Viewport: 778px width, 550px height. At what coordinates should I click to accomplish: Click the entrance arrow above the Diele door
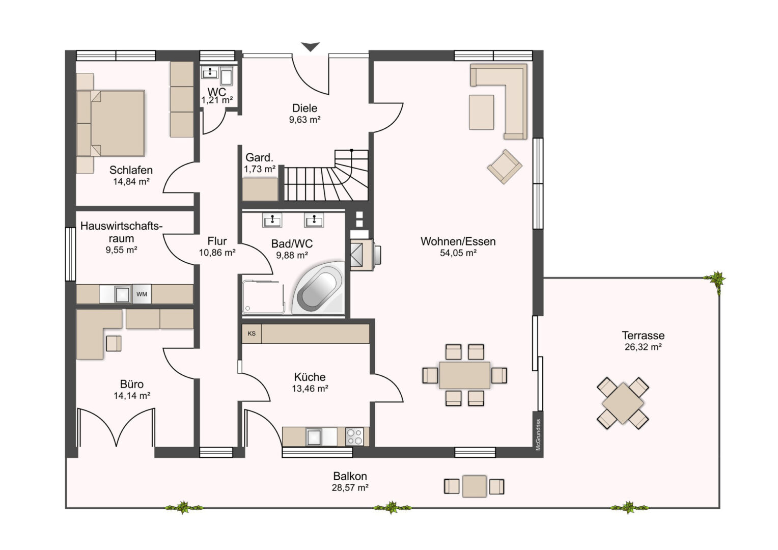[x=310, y=46]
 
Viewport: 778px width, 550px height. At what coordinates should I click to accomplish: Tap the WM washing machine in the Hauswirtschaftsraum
[x=142, y=294]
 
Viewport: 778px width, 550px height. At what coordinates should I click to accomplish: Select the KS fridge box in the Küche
[x=252, y=334]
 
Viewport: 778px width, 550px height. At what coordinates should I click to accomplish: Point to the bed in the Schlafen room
[x=110, y=123]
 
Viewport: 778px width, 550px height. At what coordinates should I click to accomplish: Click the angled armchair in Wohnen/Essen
[x=505, y=167]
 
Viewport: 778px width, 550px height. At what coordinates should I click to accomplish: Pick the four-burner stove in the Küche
[x=354, y=437]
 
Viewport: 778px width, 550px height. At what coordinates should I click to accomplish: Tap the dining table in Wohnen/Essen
[x=465, y=375]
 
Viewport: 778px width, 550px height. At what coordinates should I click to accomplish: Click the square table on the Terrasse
[x=623, y=403]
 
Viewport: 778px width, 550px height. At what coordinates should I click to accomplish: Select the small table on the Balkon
[x=475, y=486]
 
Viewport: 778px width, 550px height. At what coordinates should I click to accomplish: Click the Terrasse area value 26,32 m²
[x=643, y=347]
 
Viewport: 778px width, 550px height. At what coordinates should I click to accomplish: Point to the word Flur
[x=217, y=241]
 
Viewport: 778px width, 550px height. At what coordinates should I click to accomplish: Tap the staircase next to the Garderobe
[x=326, y=176]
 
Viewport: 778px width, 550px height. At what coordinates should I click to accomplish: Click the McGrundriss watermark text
[x=538, y=434]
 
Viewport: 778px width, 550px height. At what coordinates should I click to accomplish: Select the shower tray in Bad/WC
[x=264, y=297]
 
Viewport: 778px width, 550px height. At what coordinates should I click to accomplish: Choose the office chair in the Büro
[x=114, y=343]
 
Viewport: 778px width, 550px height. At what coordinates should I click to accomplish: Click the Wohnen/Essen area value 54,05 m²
[x=458, y=253]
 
